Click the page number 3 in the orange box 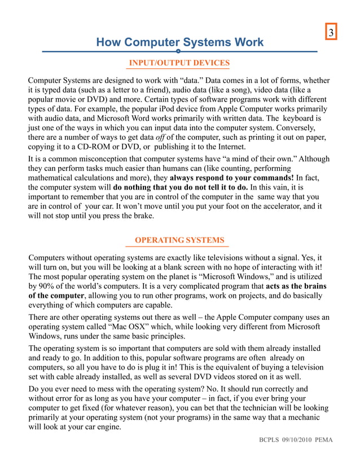332,33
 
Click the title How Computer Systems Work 179,42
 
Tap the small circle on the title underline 178,51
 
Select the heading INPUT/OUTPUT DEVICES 179,62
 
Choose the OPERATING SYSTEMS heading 179,240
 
